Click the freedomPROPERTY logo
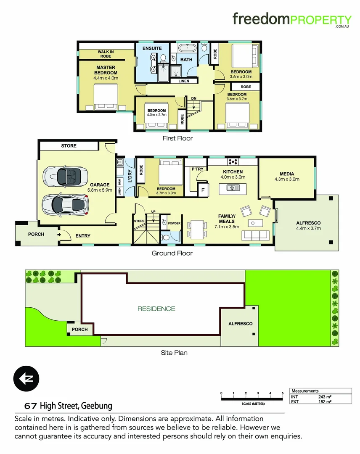tap(292, 20)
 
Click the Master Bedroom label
tap(106, 70)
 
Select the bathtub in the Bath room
tap(186, 48)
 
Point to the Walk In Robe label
tap(106, 54)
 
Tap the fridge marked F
tap(203, 189)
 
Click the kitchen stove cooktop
tap(232, 162)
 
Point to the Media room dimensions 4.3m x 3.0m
tap(286, 179)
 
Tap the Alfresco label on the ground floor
tap(309, 223)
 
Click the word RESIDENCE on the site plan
tap(156, 309)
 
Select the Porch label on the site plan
tap(79, 329)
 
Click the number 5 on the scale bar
tap(283, 393)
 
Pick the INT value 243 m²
tap(325, 397)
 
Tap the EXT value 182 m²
tap(325, 402)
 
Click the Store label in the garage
tap(69, 146)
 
